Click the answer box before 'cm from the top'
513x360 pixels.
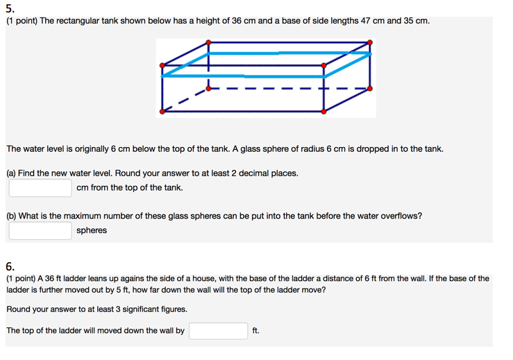point(40,188)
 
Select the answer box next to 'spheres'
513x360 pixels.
point(40,230)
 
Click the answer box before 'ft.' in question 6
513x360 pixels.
point(218,331)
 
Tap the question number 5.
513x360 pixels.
point(10,8)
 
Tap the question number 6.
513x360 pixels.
point(10,266)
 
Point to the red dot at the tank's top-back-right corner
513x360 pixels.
point(370,43)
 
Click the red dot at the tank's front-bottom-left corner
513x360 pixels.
point(162,111)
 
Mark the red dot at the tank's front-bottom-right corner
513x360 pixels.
point(323,111)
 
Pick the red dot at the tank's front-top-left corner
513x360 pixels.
point(162,66)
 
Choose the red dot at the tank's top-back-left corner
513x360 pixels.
point(208,43)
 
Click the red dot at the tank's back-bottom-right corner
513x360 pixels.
point(370,88)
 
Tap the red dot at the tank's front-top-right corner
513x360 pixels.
point(323,66)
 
